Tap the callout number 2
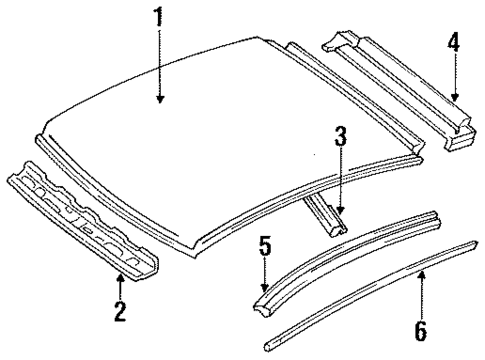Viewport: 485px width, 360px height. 119,312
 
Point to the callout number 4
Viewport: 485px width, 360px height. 453,44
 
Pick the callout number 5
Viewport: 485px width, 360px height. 264,245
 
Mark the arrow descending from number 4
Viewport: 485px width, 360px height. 453,80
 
